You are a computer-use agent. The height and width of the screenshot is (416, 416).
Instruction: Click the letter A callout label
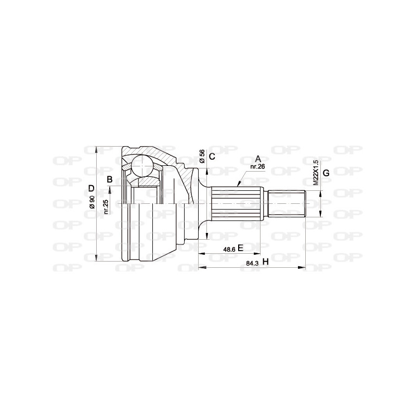click(x=258, y=159)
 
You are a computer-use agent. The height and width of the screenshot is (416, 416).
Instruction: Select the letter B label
click(x=110, y=179)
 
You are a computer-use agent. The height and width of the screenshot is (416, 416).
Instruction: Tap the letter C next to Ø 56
click(x=212, y=156)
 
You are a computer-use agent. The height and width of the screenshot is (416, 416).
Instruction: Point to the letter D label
click(x=90, y=188)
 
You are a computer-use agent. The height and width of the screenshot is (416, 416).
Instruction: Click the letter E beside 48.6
click(x=240, y=248)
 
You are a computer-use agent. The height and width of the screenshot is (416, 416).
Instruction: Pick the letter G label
click(x=326, y=173)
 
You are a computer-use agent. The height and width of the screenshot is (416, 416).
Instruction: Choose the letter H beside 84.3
click(x=265, y=263)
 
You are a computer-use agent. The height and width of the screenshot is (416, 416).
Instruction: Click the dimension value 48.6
click(x=229, y=249)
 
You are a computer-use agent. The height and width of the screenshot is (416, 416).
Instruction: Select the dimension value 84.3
click(x=252, y=263)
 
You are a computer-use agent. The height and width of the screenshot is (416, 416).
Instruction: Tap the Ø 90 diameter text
click(x=92, y=203)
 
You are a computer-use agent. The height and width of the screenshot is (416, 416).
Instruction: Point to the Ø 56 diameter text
click(x=202, y=155)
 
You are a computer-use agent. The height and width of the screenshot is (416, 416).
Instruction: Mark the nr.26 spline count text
click(x=258, y=166)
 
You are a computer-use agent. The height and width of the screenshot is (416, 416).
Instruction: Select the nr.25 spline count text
click(x=106, y=206)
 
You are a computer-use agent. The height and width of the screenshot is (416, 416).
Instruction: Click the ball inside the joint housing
click(x=141, y=165)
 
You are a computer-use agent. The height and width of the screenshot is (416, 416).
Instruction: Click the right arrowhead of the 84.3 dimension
click(x=303, y=267)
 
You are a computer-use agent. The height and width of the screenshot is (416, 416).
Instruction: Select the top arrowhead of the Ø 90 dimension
click(x=97, y=149)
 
